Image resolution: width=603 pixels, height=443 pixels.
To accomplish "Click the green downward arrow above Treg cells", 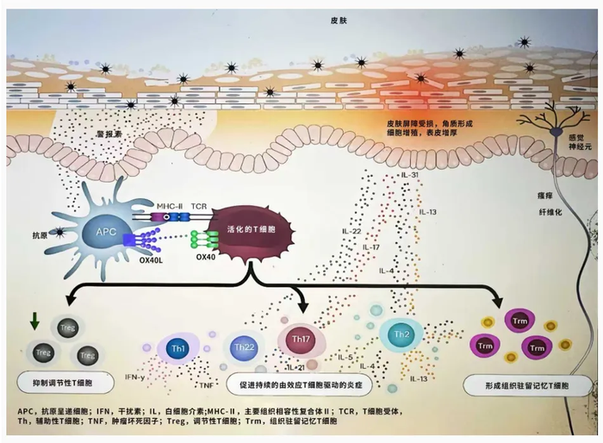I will click(x=34, y=322).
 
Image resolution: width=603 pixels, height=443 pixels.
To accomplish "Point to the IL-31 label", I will click(x=411, y=177).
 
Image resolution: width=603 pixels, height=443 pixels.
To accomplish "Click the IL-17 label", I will click(x=371, y=223).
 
